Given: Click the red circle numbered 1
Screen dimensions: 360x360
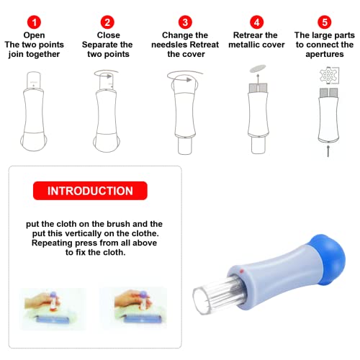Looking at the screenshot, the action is (34, 22).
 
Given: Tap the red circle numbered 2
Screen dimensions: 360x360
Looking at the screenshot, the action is (107, 22).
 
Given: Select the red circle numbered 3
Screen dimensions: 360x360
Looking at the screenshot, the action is (185, 22).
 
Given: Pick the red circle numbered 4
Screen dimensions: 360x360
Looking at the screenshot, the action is (256, 22).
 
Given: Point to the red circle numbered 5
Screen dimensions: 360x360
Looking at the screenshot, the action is (325, 22).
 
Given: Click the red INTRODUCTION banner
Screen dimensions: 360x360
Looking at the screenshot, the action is (90, 191).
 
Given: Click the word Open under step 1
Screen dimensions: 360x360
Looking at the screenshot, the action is (34, 35).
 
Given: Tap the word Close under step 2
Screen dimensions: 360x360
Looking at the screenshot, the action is (108, 35).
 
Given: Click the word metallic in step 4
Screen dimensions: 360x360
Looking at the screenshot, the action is (244, 45).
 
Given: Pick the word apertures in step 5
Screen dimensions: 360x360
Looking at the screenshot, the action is (325, 55).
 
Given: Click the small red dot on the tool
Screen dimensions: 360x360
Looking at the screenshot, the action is (241, 271).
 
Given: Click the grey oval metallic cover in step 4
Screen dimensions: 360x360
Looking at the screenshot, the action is (258, 68).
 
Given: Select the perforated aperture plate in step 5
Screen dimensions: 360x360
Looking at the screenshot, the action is (329, 75).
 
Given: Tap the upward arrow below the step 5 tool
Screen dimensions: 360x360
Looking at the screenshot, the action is (328, 150).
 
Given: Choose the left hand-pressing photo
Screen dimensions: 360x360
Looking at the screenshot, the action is (53, 309).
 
